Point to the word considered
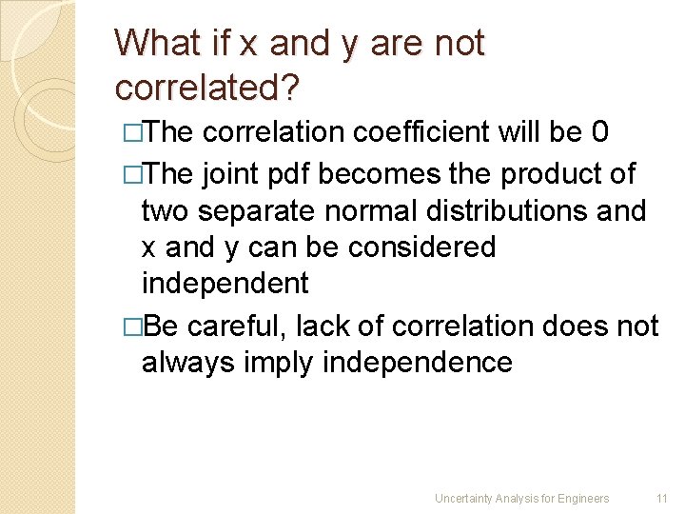click(x=421, y=247)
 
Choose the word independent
click(x=225, y=284)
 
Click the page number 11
click(x=662, y=498)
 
